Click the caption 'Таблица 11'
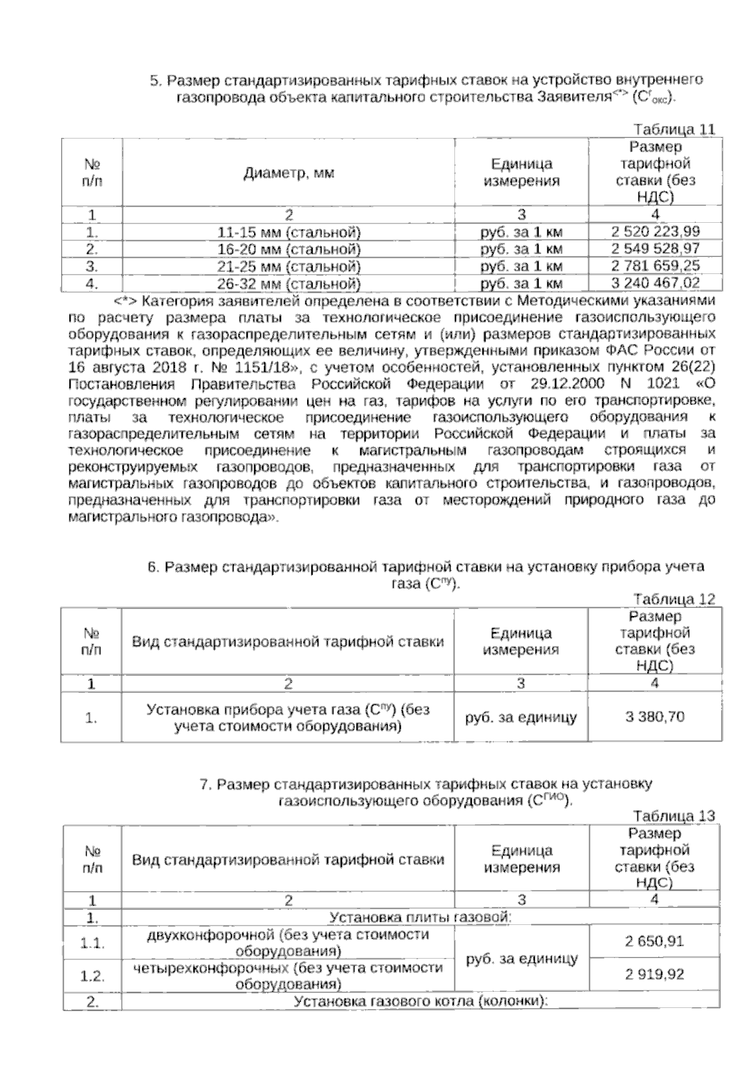[x=674, y=130]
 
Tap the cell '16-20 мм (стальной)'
[x=290, y=250]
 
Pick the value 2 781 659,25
[x=655, y=266]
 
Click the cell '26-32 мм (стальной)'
[x=290, y=284]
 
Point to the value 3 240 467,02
[x=655, y=283]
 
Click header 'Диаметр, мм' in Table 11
[x=288, y=173]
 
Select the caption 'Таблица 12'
[x=674, y=599]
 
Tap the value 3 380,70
[x=655, y=717]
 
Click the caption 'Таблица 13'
[x=674, y=816]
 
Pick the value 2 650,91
[x=655, y=941]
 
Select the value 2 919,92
[x=655, y=974]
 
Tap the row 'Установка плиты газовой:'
[x=420, y=917]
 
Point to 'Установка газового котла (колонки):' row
[x=420, y=1002]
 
